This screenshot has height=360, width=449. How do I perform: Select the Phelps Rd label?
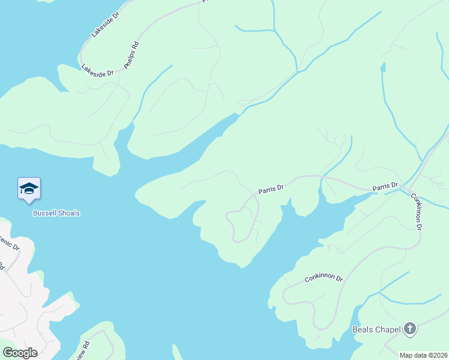pyautogui.click(x=131, y=56)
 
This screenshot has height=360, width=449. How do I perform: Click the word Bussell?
pyautogui.click(x=44, y=213)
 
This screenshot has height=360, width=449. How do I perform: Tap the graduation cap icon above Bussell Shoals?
pyautogui.click(x=29, y=189)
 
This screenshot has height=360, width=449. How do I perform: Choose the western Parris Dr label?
pyautogui.click(x=271, y=189)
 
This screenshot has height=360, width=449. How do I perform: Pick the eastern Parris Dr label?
pyautogui.click(x=385, y=187)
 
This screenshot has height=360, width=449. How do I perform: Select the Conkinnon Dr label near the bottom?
pyautogui.click(x=323, y=278)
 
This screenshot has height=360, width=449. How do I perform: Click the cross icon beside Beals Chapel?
pyautogui.click(x=410, y=328)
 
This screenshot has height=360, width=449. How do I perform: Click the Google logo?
pyautogui.click(x=20, y=353)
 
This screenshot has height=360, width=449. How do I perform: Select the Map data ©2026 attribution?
pyautogui.click(x=424, y=355)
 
